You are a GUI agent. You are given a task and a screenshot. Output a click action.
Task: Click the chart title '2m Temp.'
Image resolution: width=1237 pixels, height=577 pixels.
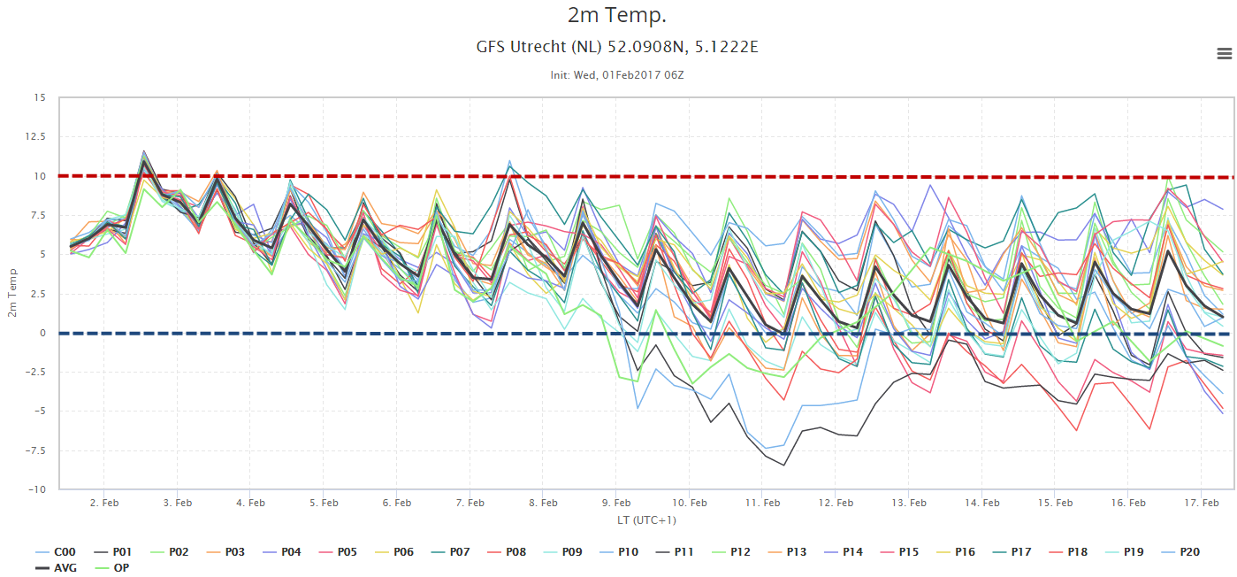(x=617, y=15)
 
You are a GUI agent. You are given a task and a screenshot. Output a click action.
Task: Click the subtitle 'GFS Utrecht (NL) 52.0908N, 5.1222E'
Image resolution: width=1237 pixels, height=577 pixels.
(x=617, y=47)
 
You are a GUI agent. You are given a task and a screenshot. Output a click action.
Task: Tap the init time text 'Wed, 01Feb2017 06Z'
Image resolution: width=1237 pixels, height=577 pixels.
(x=629, y=75)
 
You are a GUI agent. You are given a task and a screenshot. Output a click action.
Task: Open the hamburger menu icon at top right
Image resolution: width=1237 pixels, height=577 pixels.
(x=1225, y=54)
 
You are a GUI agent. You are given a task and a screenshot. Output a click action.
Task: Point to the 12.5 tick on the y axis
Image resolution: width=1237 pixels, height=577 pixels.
(x=35, y=136)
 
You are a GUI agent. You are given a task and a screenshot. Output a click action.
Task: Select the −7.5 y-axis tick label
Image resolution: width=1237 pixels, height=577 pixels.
(x=34, y=450)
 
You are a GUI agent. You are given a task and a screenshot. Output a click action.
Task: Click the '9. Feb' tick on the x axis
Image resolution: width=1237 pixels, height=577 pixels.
(x=615, y=503)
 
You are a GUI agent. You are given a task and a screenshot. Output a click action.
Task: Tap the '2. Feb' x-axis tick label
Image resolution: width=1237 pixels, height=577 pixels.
(x=103, y=503)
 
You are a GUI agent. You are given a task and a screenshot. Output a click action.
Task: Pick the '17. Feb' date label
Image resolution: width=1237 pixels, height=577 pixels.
(x=1201, y=503)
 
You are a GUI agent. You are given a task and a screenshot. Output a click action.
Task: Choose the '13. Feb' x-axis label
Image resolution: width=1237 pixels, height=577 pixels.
(x=908, y=503)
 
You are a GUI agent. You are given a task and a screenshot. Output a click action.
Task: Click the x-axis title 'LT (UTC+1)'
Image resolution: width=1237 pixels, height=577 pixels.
(x=646, y=520)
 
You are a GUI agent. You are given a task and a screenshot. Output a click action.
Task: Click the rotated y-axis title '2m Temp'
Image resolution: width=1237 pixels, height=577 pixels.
(x=12, y=293)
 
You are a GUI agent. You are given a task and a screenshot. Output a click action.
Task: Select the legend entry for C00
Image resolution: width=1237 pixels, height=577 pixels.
(x=55, y=552)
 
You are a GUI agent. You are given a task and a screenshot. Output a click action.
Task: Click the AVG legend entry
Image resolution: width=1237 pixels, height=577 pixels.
(x=56, y=568)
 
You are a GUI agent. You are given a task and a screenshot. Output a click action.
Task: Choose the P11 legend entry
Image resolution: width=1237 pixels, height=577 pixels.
(x=675, y=552)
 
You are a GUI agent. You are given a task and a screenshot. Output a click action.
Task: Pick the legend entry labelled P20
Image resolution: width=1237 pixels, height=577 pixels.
(x=1180, y=552)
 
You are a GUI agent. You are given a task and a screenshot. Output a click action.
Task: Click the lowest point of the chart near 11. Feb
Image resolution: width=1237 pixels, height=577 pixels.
(x=783, y=465)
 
